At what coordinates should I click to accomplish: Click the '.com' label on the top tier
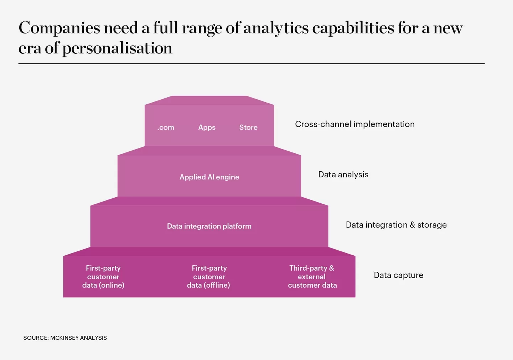coord(166,127)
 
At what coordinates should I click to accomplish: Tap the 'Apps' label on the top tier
coord(207,127)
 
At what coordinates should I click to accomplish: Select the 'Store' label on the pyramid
coord(249,127)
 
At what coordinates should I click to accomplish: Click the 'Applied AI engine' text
coord(209,177)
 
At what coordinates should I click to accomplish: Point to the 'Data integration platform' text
coord(209,226)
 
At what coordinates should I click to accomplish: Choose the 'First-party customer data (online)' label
coord(103,277)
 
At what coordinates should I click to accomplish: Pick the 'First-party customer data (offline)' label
coord(209,277)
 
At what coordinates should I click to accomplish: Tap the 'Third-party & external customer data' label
coord(312,277)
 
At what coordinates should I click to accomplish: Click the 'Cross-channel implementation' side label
coord(355,124)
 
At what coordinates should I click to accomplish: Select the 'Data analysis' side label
coord(343,174)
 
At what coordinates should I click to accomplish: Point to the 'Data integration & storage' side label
coord(396,225)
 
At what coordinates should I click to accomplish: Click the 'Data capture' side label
coord(399,275)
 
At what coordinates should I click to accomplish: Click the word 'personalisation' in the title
coord(117,48)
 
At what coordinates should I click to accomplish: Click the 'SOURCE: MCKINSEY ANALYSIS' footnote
coord(65,338)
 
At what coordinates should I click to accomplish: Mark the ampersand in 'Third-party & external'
coord(331,268)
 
